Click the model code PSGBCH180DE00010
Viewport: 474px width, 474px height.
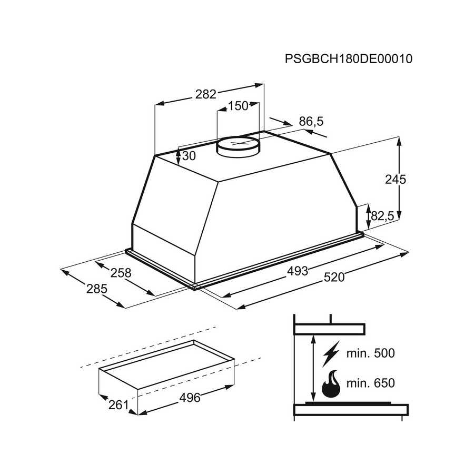(349, 58)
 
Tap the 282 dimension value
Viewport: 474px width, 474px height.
(206, 94)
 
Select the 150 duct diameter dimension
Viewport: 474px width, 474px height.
(238, 106)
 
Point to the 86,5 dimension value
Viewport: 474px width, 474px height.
(311, 122)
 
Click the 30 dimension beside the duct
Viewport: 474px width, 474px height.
(189, 156)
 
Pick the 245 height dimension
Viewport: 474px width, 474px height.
(396, 180)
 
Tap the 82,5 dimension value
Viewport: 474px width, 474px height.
(382, 216)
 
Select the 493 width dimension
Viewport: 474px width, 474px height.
(298, 271)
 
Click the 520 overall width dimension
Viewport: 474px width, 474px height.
(334, 277)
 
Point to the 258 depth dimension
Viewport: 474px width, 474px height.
(121, 273)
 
